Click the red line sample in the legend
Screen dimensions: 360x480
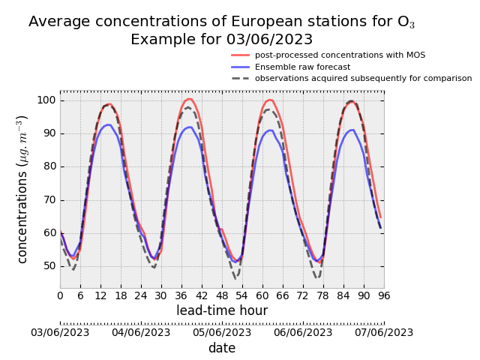click(240, 55)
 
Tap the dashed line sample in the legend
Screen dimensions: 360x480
click(240, 78)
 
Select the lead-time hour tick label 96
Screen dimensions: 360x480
click(384, 295)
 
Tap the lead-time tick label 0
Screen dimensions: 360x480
click(60, 295)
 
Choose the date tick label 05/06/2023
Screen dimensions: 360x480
click(222, 332)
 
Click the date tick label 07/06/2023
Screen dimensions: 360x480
click(384, 332)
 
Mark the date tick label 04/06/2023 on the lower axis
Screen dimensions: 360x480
click(141, 332)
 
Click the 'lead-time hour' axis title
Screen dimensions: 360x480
click(222, 310)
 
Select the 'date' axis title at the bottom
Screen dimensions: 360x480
click(222, 348)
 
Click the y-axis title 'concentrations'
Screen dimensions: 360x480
click(23, 189)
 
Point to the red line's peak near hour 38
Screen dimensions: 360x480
click(189, 99)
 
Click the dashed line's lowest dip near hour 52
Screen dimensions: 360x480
click(235, 278)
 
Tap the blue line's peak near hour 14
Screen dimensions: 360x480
click(108, 124)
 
